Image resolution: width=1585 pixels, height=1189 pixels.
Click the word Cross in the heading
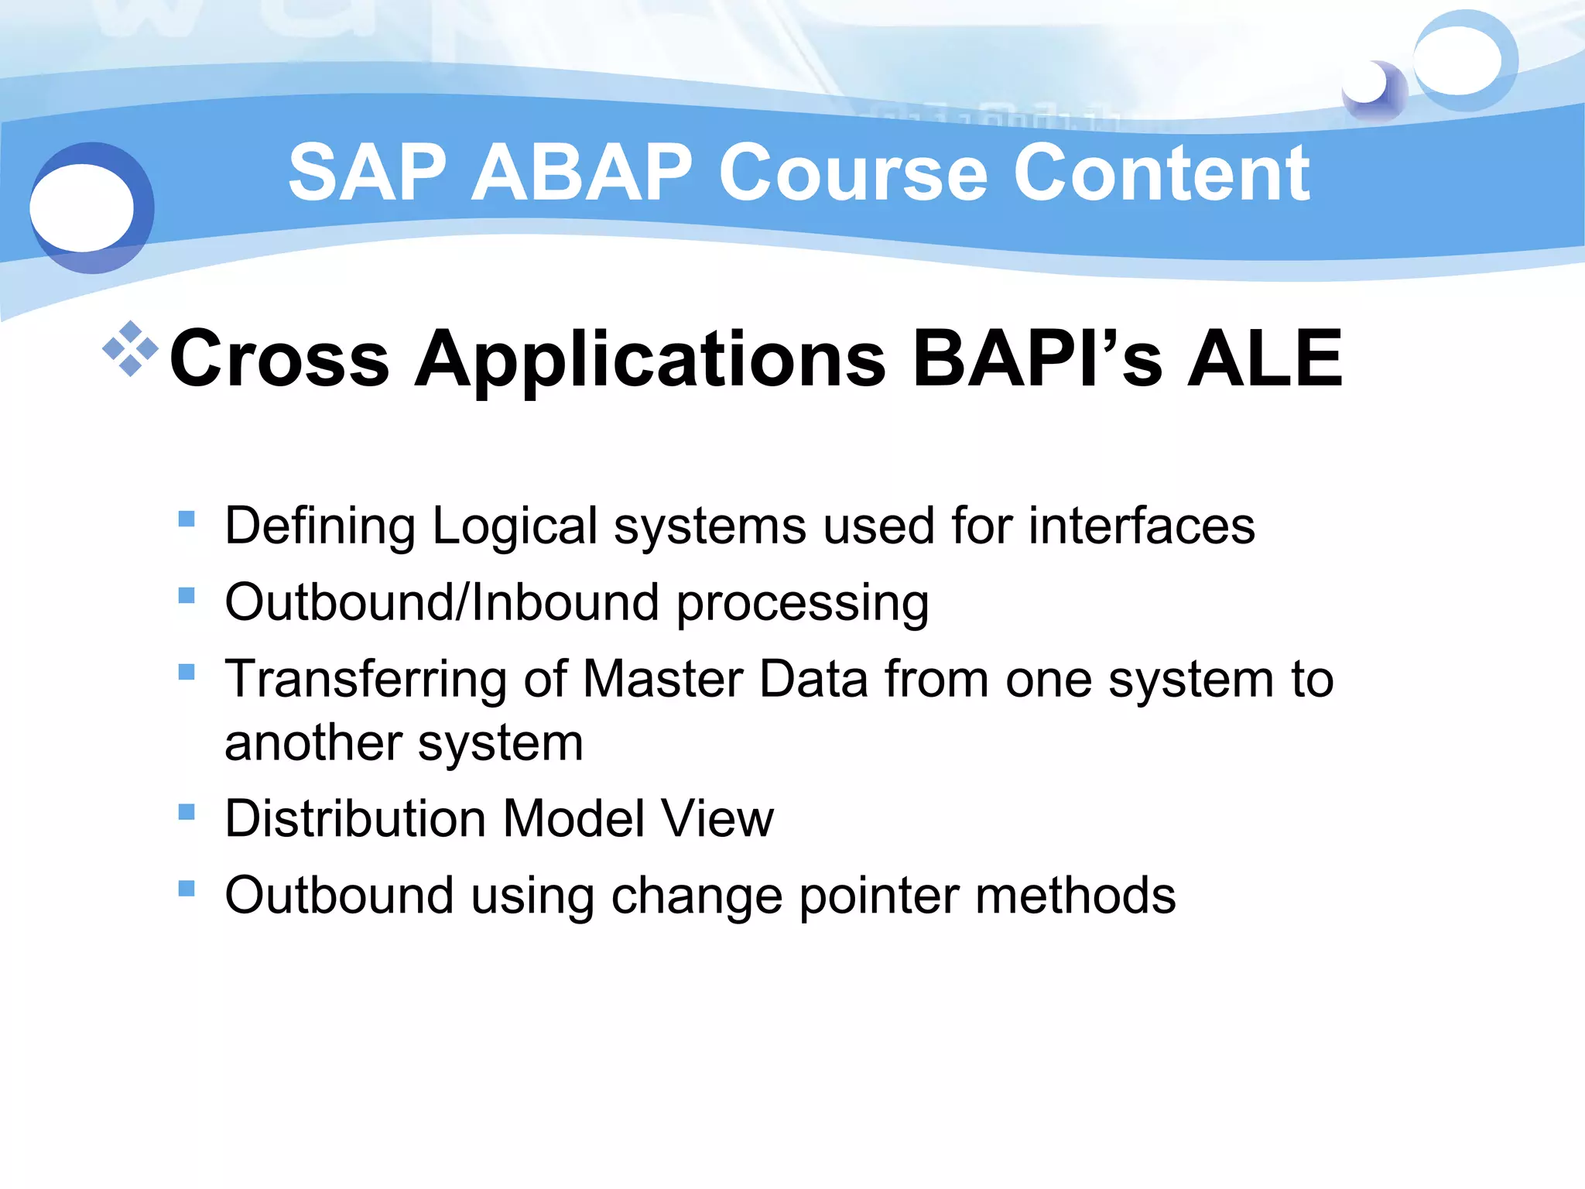point(279,358)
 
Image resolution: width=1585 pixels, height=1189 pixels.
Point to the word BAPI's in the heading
point(1037,358)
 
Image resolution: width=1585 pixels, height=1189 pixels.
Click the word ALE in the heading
point(1265,358)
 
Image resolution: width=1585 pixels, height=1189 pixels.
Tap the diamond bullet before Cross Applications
point(130,348)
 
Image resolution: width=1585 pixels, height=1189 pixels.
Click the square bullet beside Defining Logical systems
point(187,518)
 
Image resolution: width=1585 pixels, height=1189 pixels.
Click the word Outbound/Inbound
point(442,602)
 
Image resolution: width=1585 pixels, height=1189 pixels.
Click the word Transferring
point(365,680)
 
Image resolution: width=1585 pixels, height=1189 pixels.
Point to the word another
point(313,742)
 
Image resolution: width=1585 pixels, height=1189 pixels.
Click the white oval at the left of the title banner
point(81,207)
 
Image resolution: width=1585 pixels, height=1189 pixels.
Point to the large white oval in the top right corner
point(1457,60)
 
